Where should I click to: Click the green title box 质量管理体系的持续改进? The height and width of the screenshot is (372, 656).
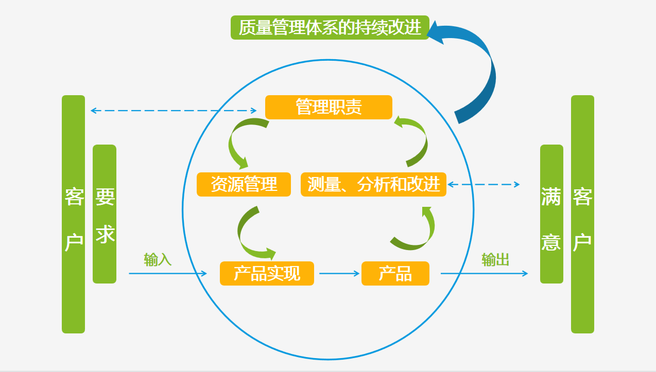pos(330,27)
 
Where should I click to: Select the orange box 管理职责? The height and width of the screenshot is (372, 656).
pos(329,107)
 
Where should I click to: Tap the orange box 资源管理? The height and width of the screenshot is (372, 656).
pos(244,184)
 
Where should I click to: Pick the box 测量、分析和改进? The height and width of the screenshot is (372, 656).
pos(373,184)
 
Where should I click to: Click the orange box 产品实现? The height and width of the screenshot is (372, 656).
pos(267,273)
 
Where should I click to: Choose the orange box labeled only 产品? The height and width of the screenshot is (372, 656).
pos(395,273)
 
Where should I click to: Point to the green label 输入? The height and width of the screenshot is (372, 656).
pos(158,259)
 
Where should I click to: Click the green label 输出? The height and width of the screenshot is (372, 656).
pos(495,259)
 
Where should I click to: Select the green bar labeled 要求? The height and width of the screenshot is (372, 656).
pos(105,214)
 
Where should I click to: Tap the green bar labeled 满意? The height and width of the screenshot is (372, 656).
pos(551,214)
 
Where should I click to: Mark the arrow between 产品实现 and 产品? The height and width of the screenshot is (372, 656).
pos(338,273)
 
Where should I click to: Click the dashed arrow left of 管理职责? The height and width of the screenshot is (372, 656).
pos(173,110)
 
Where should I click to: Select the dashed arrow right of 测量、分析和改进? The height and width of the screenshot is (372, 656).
pos(483,184)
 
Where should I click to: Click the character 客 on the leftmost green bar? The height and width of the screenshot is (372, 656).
pos(74,197)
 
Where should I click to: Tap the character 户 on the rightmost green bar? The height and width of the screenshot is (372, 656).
pos(582,242)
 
